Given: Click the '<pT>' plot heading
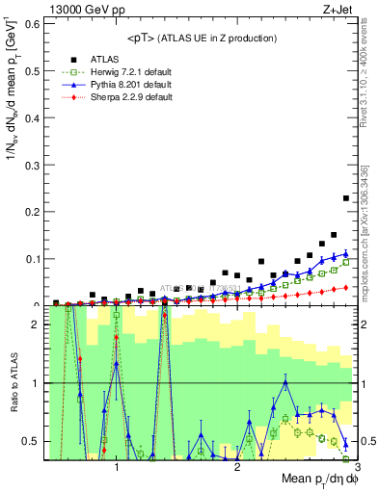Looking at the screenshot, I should [x=202, y=38].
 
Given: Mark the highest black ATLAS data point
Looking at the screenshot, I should [x=345, y=198].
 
